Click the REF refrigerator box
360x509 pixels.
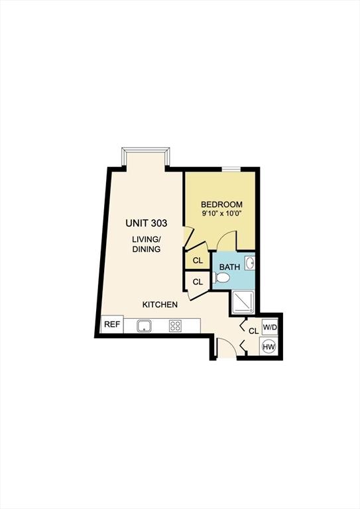(x=112, y=324)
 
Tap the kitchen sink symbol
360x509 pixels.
(x=145, y=325)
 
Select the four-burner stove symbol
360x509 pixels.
(x=175, y=325)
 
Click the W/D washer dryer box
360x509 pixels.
(x=270, y=327)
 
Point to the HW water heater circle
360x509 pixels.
(x=269, y=347)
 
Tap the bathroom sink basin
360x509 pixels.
(x=250, y=263)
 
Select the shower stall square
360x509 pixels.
(x=243, y=302)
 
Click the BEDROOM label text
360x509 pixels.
(x=221, y=205)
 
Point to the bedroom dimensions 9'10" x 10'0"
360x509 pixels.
(x=222, y=213)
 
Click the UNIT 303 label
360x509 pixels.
(x=147, y=223)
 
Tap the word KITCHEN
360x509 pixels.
(x=160, y=304)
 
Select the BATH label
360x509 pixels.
(x=230, y=267)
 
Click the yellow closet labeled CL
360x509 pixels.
(x=198, y=260)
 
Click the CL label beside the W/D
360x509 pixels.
(x=253, y=331)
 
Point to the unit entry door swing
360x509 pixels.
(x=226, y=348)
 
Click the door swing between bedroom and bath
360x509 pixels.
(x=226, y=240)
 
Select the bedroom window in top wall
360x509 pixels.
(x=231, y=169)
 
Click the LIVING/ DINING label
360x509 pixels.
(x=147, y=244)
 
